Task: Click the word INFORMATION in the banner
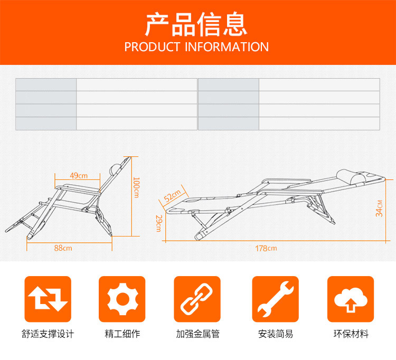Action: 227,47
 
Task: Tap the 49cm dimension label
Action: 79,175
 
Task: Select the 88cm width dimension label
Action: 63,248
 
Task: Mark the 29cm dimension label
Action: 158,223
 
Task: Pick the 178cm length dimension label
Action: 266,248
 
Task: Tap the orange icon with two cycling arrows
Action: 48,299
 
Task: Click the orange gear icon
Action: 122,299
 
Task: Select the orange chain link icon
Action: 197,299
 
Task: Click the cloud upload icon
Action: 350,299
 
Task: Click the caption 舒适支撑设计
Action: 48,334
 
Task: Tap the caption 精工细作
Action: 122,334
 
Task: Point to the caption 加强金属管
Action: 197,334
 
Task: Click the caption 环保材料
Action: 351,334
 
